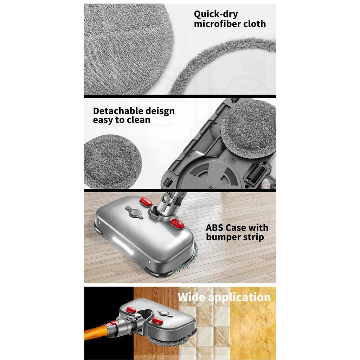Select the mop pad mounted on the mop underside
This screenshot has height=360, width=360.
248,129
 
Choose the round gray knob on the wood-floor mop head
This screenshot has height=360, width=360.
133,212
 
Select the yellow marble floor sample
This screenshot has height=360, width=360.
252,330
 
